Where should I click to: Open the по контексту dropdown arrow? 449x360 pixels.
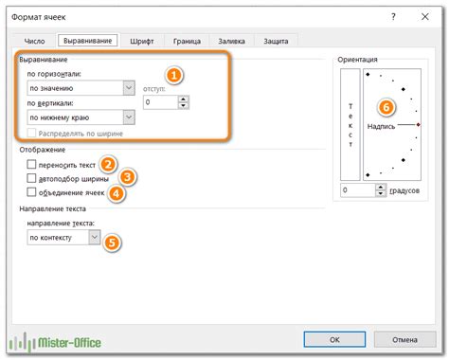coord(93,239)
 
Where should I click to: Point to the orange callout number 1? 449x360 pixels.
coord(173,73)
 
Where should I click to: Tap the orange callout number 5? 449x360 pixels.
coord(113,242)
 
